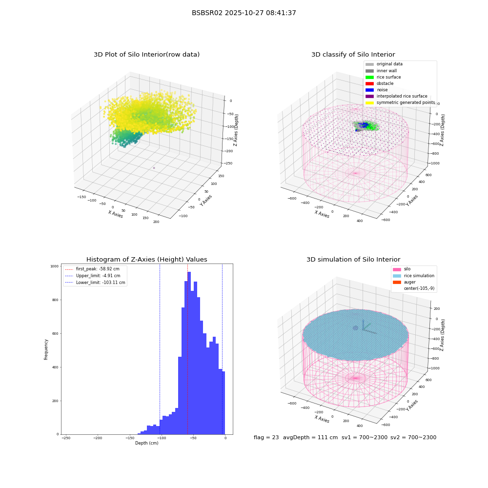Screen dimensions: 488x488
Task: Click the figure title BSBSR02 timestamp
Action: coord(244,13)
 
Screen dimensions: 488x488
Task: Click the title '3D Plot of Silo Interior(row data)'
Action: coord(146,55)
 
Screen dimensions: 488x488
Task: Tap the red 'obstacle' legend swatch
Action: coord(369,83)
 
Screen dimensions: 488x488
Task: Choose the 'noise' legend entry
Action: coord(377,90)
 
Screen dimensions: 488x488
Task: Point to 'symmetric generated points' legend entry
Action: coord(400,102)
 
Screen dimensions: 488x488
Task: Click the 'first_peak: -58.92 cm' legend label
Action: coord(98,269)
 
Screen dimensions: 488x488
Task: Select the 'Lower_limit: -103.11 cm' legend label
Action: coord(101,283)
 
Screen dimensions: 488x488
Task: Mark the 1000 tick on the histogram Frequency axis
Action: coord(55,266)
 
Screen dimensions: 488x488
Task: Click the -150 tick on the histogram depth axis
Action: coord(129,438)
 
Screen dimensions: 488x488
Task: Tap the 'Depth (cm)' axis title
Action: coord(146,443)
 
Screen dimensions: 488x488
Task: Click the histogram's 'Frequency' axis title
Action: coord(46,349)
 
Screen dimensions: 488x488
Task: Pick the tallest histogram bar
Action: coord(189,353)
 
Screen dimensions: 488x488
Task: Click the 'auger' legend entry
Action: coord(404,282)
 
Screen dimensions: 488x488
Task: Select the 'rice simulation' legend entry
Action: coord(413,276)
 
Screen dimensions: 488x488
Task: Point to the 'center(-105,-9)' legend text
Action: coord(419,288)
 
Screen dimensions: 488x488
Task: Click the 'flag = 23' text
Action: coord(266,437)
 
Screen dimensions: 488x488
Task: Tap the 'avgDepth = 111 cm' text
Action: coord(310,437)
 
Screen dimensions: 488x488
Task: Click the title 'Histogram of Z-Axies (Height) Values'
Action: coord(146,260)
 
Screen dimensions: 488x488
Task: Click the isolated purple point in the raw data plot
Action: coord(154,168)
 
